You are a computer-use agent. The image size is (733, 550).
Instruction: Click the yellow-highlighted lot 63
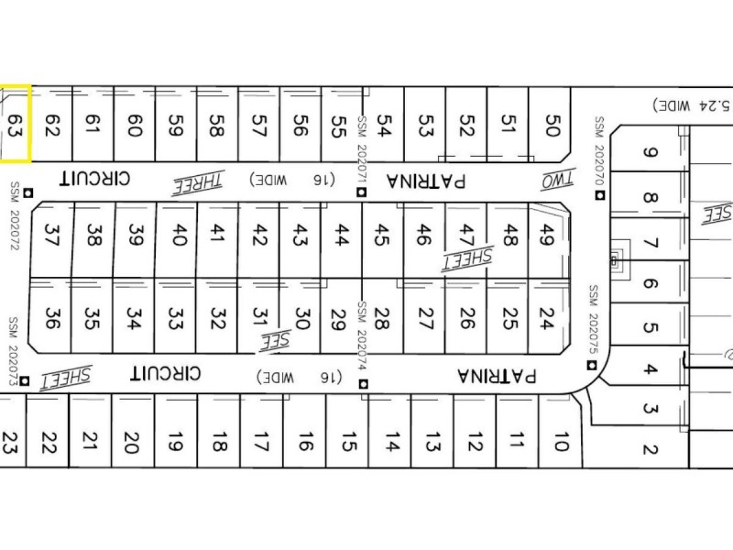(15, 124)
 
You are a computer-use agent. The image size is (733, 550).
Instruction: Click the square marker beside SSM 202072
(28, 192)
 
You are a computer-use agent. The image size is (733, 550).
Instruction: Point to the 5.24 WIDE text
(694, 105)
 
